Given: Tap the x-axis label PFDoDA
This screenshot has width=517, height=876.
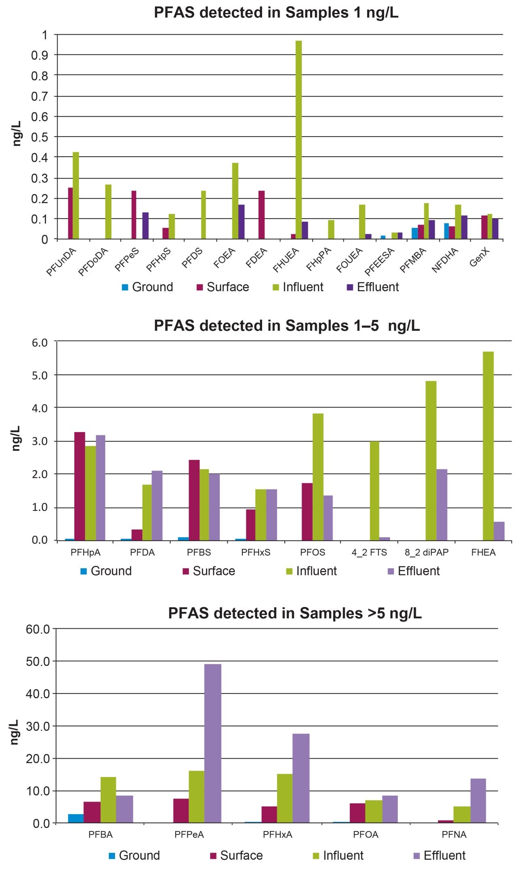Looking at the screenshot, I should click(x=93, y=262).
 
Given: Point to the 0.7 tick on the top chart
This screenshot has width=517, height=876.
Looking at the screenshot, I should click(x=39, y=96).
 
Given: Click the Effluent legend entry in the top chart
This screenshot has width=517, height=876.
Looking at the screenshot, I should click(x=373, y=287).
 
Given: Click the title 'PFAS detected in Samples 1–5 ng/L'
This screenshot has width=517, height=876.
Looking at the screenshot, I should click(x=287, y=326).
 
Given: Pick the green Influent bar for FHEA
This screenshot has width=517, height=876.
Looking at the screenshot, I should click(x=488, y=446).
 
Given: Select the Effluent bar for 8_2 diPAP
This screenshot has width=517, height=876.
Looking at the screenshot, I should click(x=441, y=504).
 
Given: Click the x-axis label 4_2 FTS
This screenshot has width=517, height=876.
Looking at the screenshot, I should click(x=369, y=552).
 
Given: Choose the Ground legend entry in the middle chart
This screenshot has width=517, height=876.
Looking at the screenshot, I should click(x=106, y=571).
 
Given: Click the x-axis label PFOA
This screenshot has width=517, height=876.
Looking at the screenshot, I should click(x=366, y=834).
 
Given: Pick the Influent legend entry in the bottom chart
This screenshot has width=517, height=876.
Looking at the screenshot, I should click(x=338, y=855).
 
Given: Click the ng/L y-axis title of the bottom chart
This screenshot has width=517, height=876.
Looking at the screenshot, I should click(x=15, y=732).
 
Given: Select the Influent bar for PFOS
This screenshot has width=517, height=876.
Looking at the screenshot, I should click(x=317, y=477).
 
